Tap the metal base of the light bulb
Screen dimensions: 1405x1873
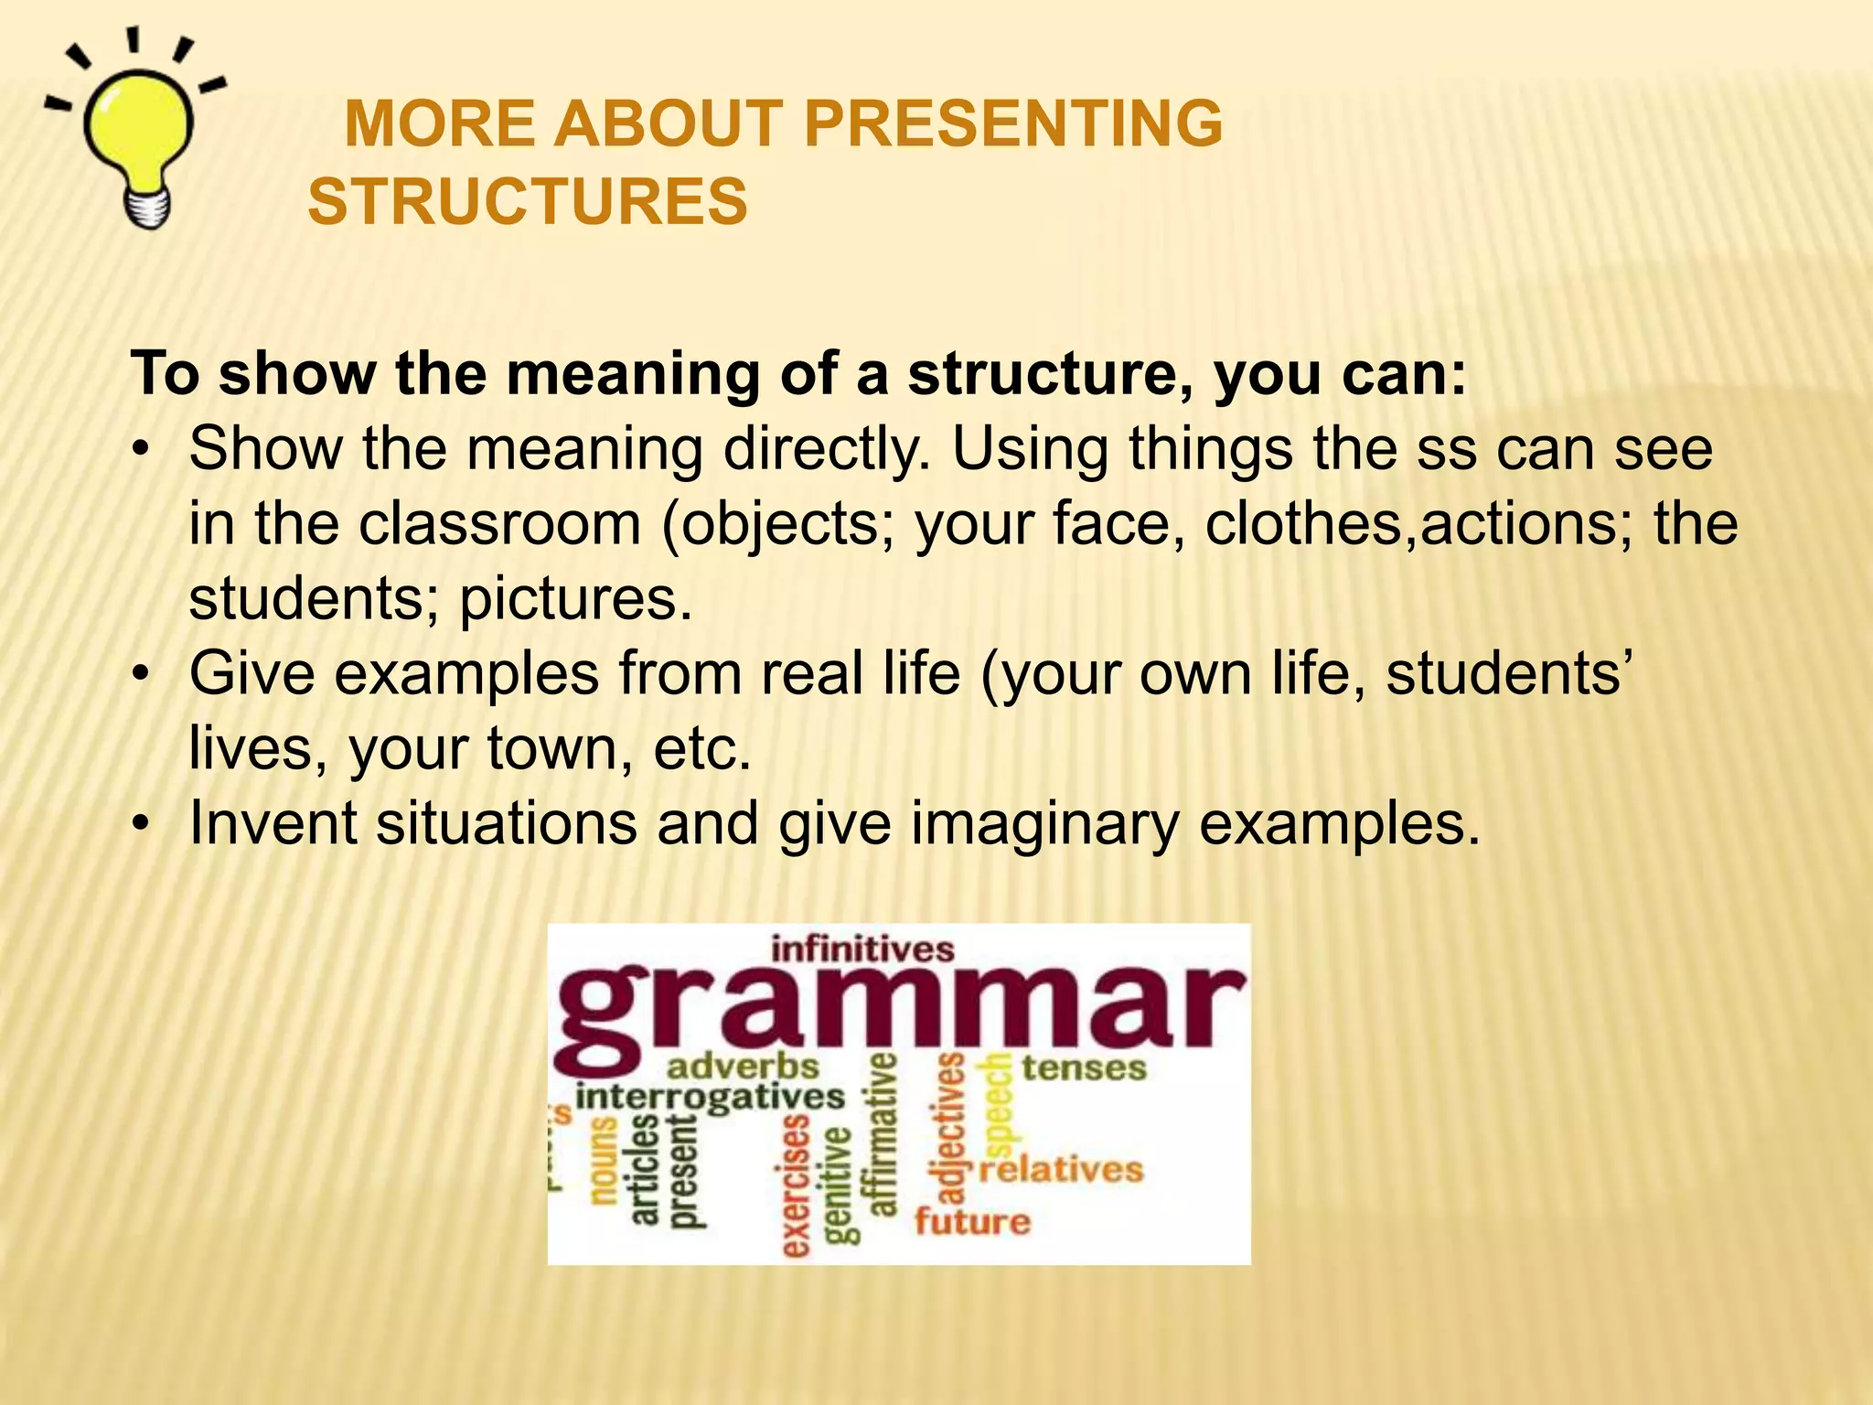click(x=147, y=209)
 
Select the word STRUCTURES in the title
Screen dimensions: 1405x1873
click(x=528, y=202)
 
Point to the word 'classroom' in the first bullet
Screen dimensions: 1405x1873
click(x=499, y=524)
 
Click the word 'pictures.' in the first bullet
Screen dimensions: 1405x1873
click(x=575, y=599)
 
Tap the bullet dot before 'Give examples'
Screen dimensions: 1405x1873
click(x=139, y=675)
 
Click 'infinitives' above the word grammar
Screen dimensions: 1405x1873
click(x=862, y=949)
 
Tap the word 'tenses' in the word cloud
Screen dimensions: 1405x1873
click(x=1083, y=1067)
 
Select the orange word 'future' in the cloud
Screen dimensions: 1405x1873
click(x=972, y=1221)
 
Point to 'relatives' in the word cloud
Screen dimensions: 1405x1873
click(x=1061, y=1170)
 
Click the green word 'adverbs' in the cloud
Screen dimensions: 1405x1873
click(x=743, y=1067)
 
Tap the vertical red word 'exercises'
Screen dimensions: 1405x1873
click(x=796, y=1185)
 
